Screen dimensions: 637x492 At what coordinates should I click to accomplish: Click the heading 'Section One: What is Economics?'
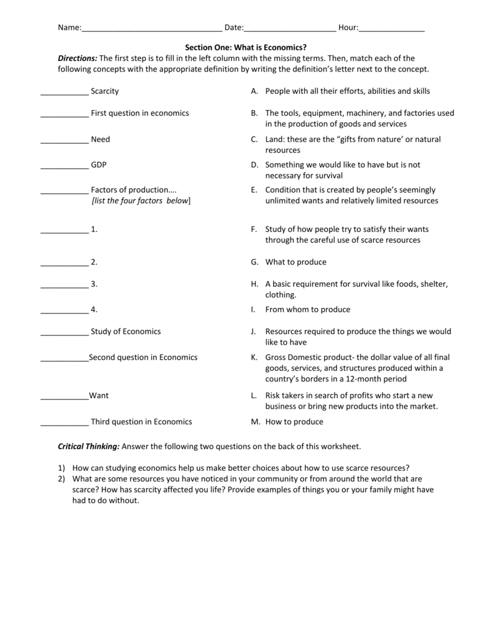coord(246,47)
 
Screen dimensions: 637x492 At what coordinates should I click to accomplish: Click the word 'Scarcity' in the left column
coord(104,91)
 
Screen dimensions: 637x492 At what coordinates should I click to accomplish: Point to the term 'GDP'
coord(98,165)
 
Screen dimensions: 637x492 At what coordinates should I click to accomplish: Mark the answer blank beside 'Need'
coord(64,141)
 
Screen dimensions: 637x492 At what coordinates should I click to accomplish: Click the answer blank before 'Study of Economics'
coord(64,333)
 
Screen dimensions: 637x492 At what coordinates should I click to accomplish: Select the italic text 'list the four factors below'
coord(141,201)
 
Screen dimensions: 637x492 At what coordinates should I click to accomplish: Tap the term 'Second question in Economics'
coord(143,357)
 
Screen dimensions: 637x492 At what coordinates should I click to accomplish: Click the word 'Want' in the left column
coord(99,395)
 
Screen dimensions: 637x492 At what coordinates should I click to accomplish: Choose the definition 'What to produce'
coord(295,262)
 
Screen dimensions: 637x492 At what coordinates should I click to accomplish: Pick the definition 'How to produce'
coord(294,422)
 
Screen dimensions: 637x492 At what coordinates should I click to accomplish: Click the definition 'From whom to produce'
coord(307,309)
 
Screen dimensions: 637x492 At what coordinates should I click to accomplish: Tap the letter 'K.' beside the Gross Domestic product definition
coord(254,357)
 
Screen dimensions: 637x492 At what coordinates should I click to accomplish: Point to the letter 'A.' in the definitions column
coord(254,91)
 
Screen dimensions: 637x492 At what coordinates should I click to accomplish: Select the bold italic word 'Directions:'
coord(78,58)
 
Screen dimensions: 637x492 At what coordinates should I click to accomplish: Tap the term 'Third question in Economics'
coord(141,422)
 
